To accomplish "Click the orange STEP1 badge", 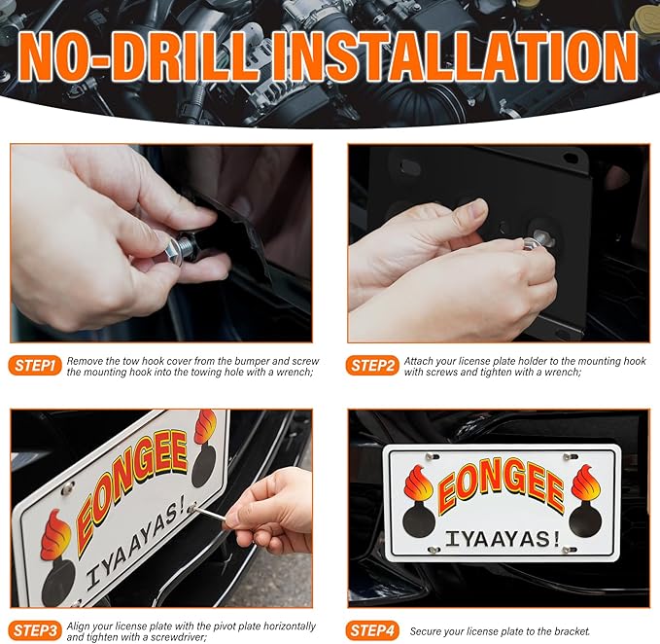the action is pyautogui.click(x=35, y=366).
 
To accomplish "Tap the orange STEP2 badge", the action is pyautogui.click(x=372, y=366).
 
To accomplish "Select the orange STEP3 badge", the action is pyautogui.click(x=35, y=630).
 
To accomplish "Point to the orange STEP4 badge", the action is pyautogui.click(x=372, y=630).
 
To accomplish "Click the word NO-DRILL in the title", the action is pyautogui.click(x=139, y=56).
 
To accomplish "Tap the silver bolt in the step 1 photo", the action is pyautogui.click(x=177, y=251).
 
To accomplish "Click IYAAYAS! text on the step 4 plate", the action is pyautogui.click(x=503, y=540).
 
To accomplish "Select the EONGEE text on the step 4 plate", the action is pyautogui.click(x=501, y=484).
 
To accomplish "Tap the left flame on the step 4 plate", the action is pyautogui.click(x=418, y=484).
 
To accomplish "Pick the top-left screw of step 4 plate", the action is pyautogui.click(x=430, y=456).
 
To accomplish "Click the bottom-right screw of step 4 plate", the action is pyautogui.click(x=569, y=550).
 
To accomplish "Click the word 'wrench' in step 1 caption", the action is pyautogui.click(x=294, y=373).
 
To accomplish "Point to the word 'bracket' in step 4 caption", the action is pyautogui.click(x=573, y=631).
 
